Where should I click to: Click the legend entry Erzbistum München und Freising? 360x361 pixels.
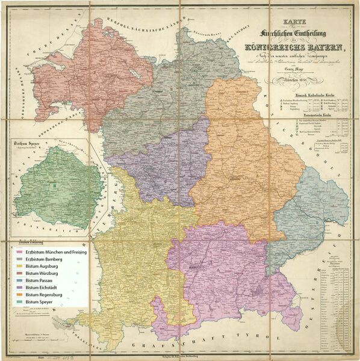[55, 252]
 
